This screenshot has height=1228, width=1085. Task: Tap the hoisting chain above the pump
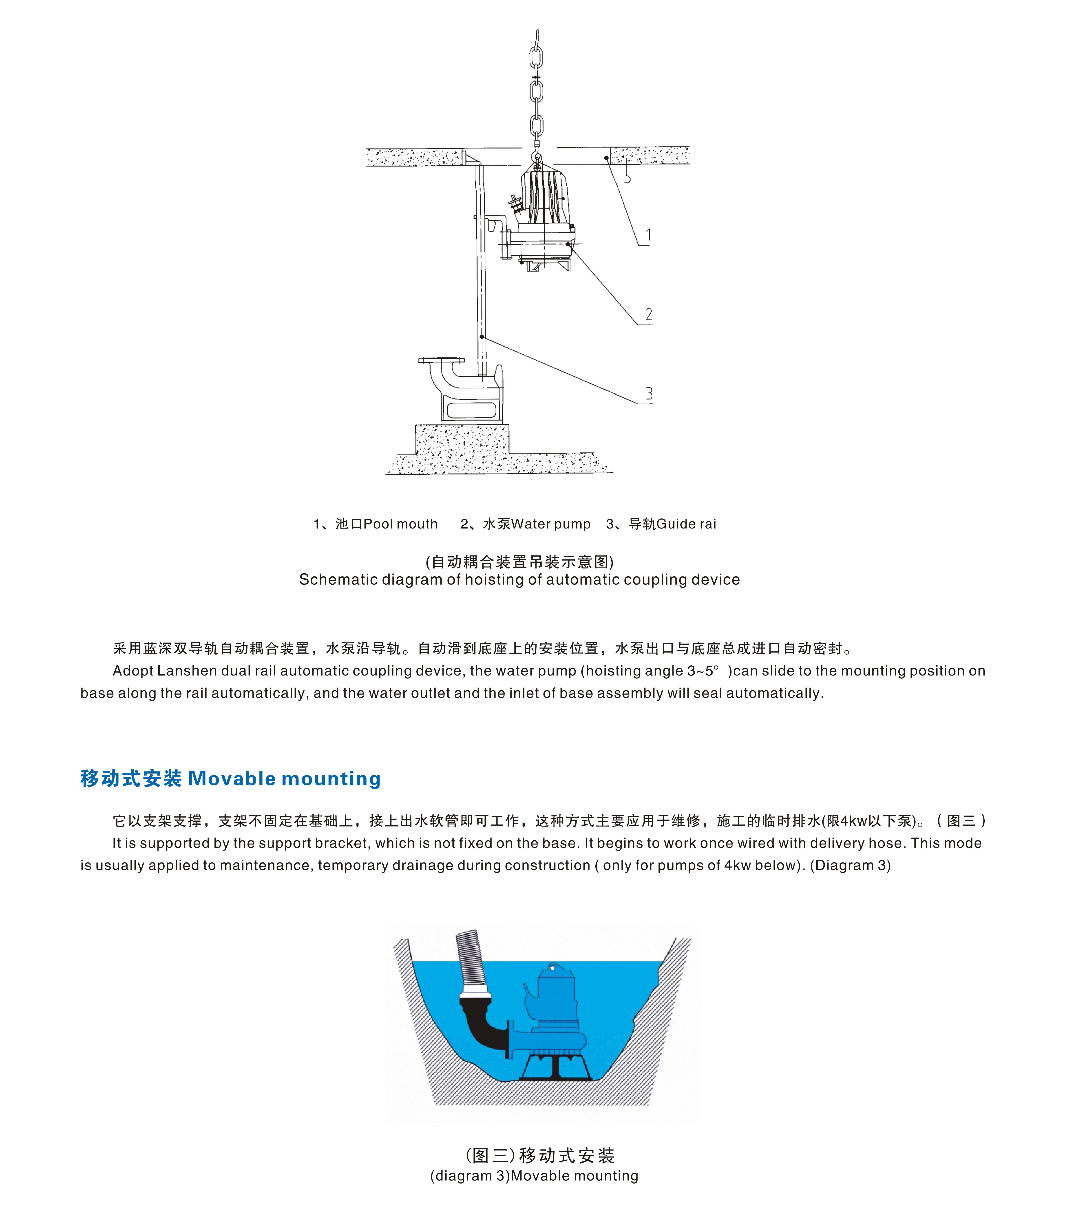[x=537, y=90]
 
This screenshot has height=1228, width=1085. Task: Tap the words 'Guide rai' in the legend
[x=687, y=524]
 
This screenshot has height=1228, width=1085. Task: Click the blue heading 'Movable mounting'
[x=284, y=779]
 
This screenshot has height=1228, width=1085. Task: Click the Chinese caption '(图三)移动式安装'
[x=539, y=1155]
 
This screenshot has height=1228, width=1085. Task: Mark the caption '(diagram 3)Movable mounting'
[x=534, y=1176]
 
